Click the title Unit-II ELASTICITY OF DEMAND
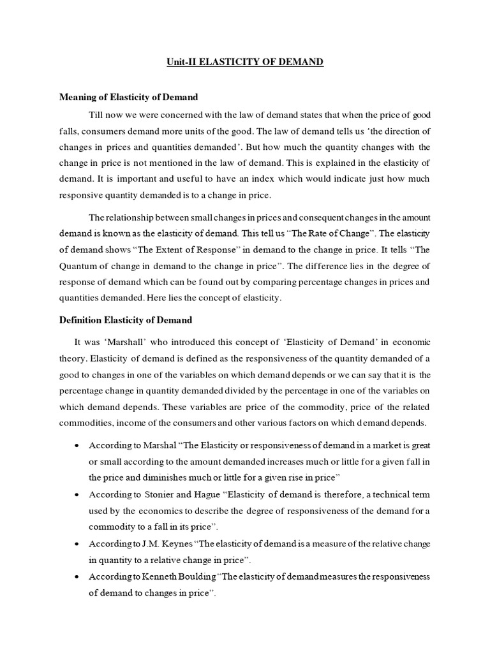click(245, 62)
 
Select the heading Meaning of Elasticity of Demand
click(128, 97)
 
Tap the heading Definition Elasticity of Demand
click(125, 319)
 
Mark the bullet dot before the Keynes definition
click(77, 544)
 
